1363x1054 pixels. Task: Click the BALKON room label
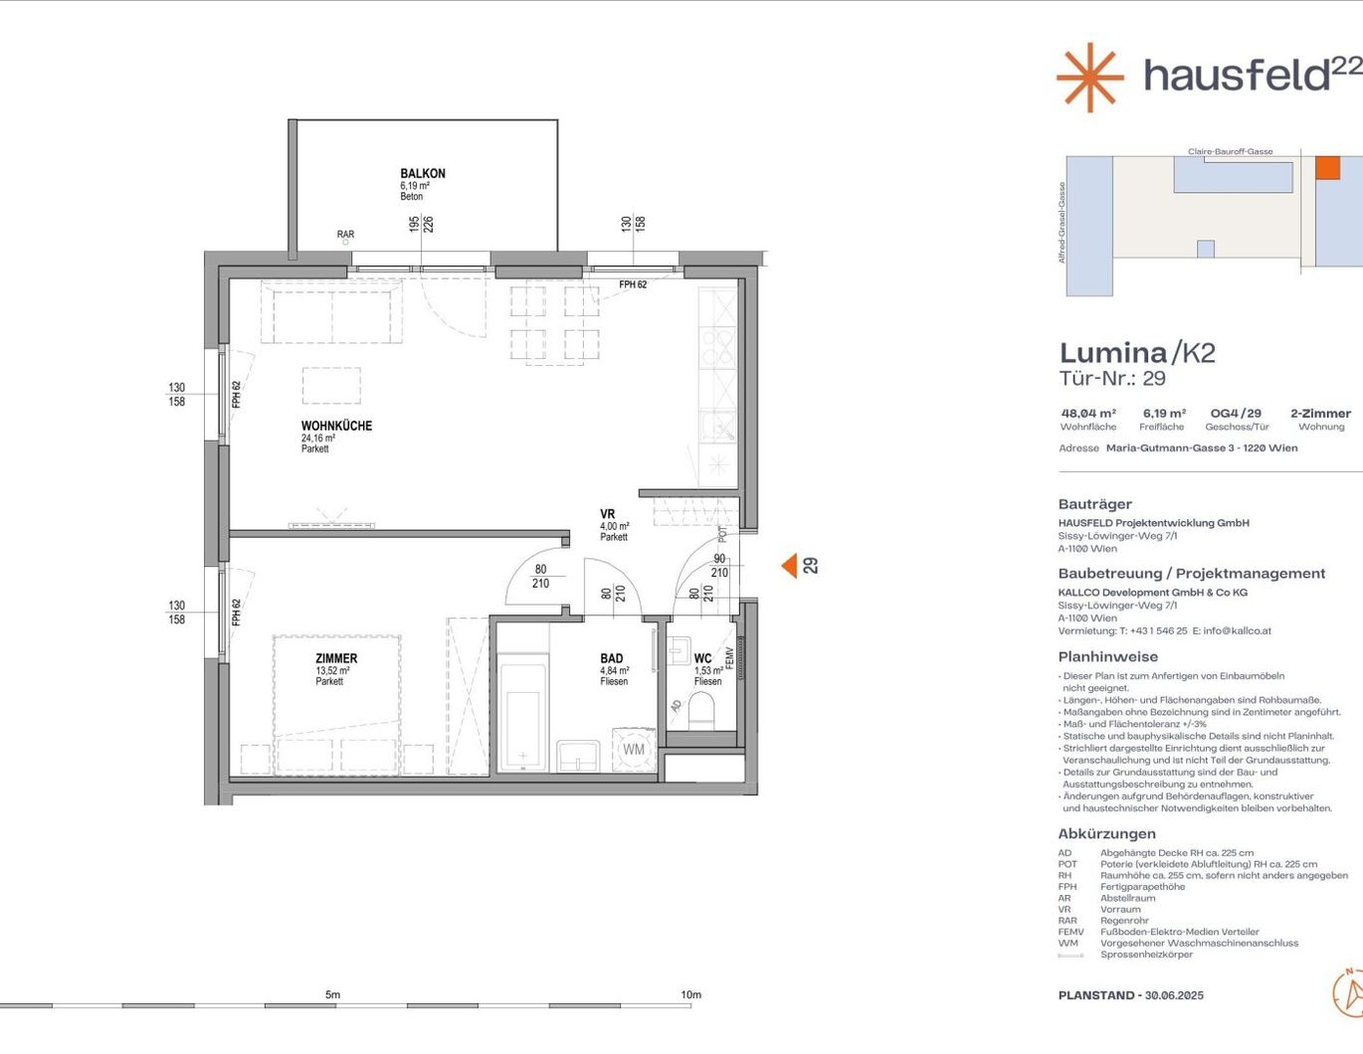click(x=423, y=173)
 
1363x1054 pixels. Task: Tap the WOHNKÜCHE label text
click(x=337, y=426)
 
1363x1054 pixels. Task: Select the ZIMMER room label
click(x=337, y=658)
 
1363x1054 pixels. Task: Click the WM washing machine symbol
click(x=634, y=750)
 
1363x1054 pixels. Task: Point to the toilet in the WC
click(x=701, y=711)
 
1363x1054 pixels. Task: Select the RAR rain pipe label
click(x=345, y=234)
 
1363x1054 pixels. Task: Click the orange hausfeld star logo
click(x=1090, y=78)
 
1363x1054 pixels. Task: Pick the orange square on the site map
click(x=1327, y=167)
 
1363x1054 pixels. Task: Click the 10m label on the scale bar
click(x=690, y=994)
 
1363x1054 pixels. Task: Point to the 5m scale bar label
click(x=333, y=994)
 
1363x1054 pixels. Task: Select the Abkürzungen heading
click(x=1106, y=833)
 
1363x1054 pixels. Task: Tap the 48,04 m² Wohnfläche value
click(x=1088, y=413)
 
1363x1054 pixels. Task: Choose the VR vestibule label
click(x=607, y=514)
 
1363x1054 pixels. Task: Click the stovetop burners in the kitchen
click(x=718, y=348)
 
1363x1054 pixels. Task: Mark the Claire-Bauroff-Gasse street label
click(x=1230, y=152)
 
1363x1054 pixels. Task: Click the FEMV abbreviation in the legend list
click(x=1071, y=932)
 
